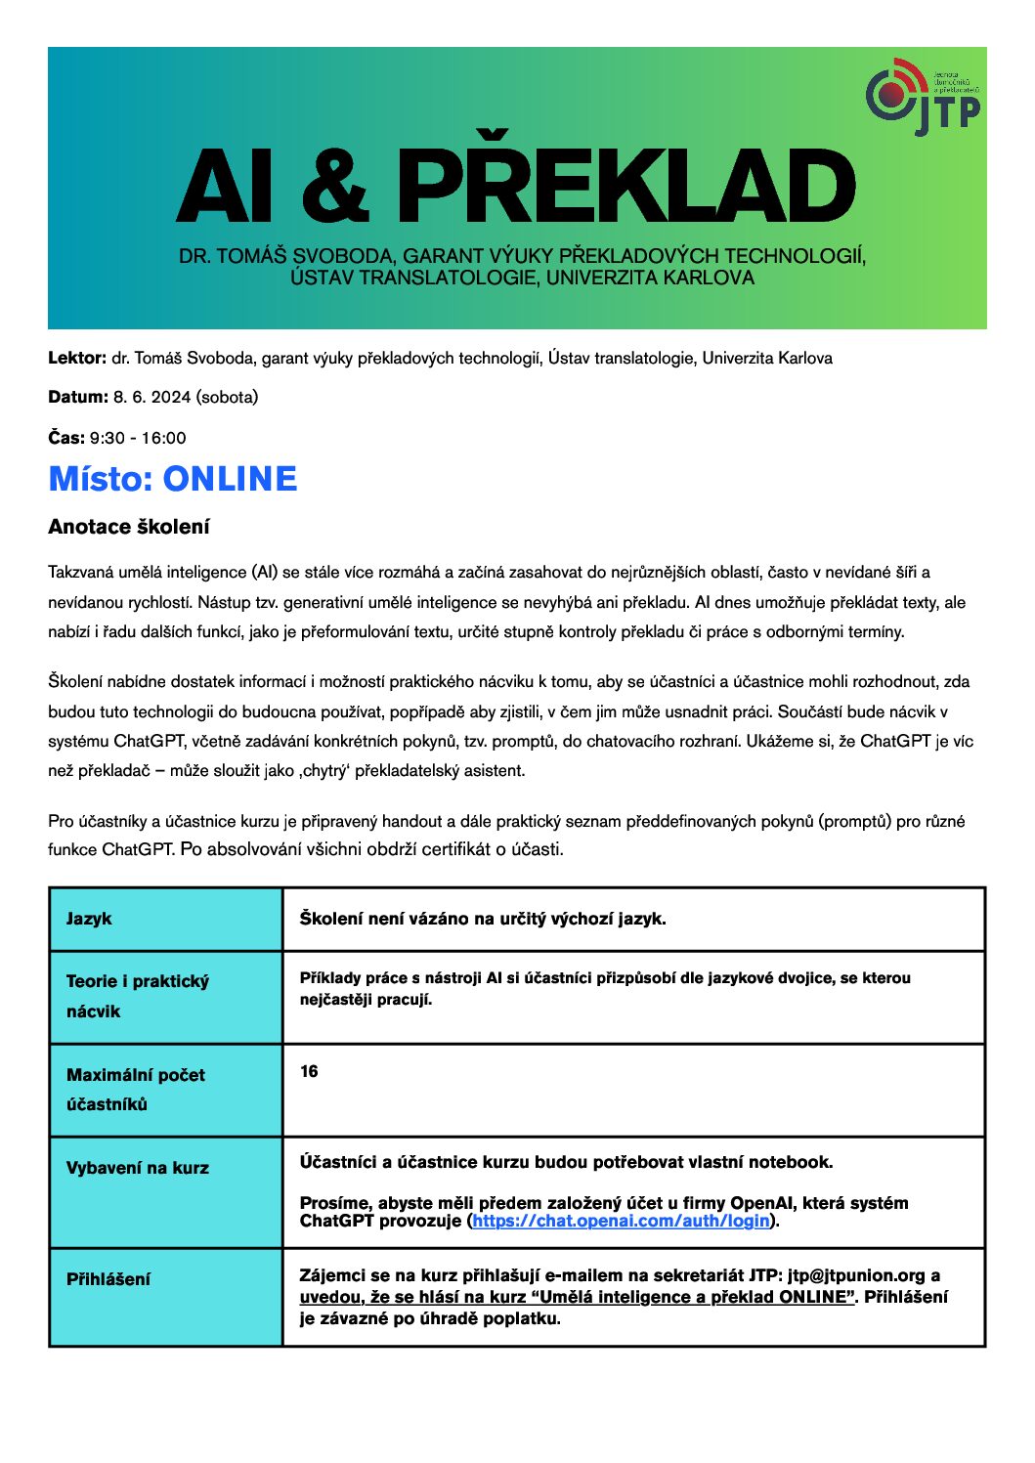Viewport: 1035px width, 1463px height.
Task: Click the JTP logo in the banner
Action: point(922,97)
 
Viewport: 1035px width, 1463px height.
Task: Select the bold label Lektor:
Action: point(77,359)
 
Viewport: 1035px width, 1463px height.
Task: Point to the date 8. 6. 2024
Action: point(151,398)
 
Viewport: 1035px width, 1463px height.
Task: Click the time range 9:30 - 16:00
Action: point(138,438)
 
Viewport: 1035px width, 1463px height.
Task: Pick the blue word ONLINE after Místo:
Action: point(230,479)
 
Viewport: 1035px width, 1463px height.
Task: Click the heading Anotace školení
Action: point(129,528)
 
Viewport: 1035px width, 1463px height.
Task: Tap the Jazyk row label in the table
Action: point(89,919)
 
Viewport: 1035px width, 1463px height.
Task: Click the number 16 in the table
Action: point(309,1072)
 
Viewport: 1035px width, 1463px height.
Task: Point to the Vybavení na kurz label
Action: point(137,1168)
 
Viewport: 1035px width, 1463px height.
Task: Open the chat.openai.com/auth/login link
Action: point(621,1221)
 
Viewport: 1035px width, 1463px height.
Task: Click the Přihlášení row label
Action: point(108,1279)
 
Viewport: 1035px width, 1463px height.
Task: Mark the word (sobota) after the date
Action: point(227,398)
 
